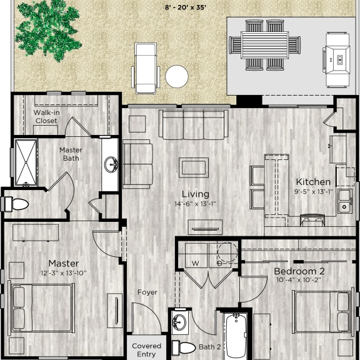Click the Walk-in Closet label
46,116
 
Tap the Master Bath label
71,154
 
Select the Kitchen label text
313,181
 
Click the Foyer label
147,292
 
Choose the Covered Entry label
147,349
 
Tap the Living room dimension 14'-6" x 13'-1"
195,204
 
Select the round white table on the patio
177,77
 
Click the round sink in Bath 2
179,322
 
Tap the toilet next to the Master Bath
16,204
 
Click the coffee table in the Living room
194,167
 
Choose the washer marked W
196,256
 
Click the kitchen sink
344,199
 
